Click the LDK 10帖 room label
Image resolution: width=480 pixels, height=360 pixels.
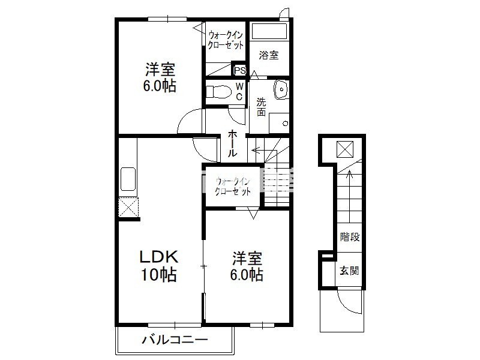tap(159, 266)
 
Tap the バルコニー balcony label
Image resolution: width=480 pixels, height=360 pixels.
tap(175, 340)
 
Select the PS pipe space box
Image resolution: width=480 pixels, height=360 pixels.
tap(239, 70)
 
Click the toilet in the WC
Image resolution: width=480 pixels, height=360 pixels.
tap(218, 92)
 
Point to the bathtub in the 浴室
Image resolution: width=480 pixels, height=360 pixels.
tap(269, 31)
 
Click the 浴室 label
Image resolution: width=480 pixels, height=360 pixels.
tap(268, 55)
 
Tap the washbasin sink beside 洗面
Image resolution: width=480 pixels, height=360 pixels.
tap(281, 89)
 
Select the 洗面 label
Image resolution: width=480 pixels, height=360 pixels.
tap(261, 107)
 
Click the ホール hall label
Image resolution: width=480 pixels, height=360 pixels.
tap(232, 143)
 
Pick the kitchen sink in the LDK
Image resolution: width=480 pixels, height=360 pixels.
tap(128, 179)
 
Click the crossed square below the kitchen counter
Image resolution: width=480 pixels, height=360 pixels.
tap(128, 207)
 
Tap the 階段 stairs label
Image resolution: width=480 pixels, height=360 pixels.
tap(350, 236)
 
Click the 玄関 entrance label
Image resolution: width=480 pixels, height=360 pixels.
tap(349, 271)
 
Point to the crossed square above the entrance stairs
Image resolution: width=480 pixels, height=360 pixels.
tap(345, 149)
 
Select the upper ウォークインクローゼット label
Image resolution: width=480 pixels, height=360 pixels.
tap(226, 40)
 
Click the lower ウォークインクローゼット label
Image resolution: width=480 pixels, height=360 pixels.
tap(233, 187)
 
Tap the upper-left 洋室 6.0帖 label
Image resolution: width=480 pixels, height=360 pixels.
tap(160, 78)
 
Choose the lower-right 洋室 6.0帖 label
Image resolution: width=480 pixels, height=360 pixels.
tap(247, 266)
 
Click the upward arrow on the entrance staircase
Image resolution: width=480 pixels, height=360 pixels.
tap(349, 197)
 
